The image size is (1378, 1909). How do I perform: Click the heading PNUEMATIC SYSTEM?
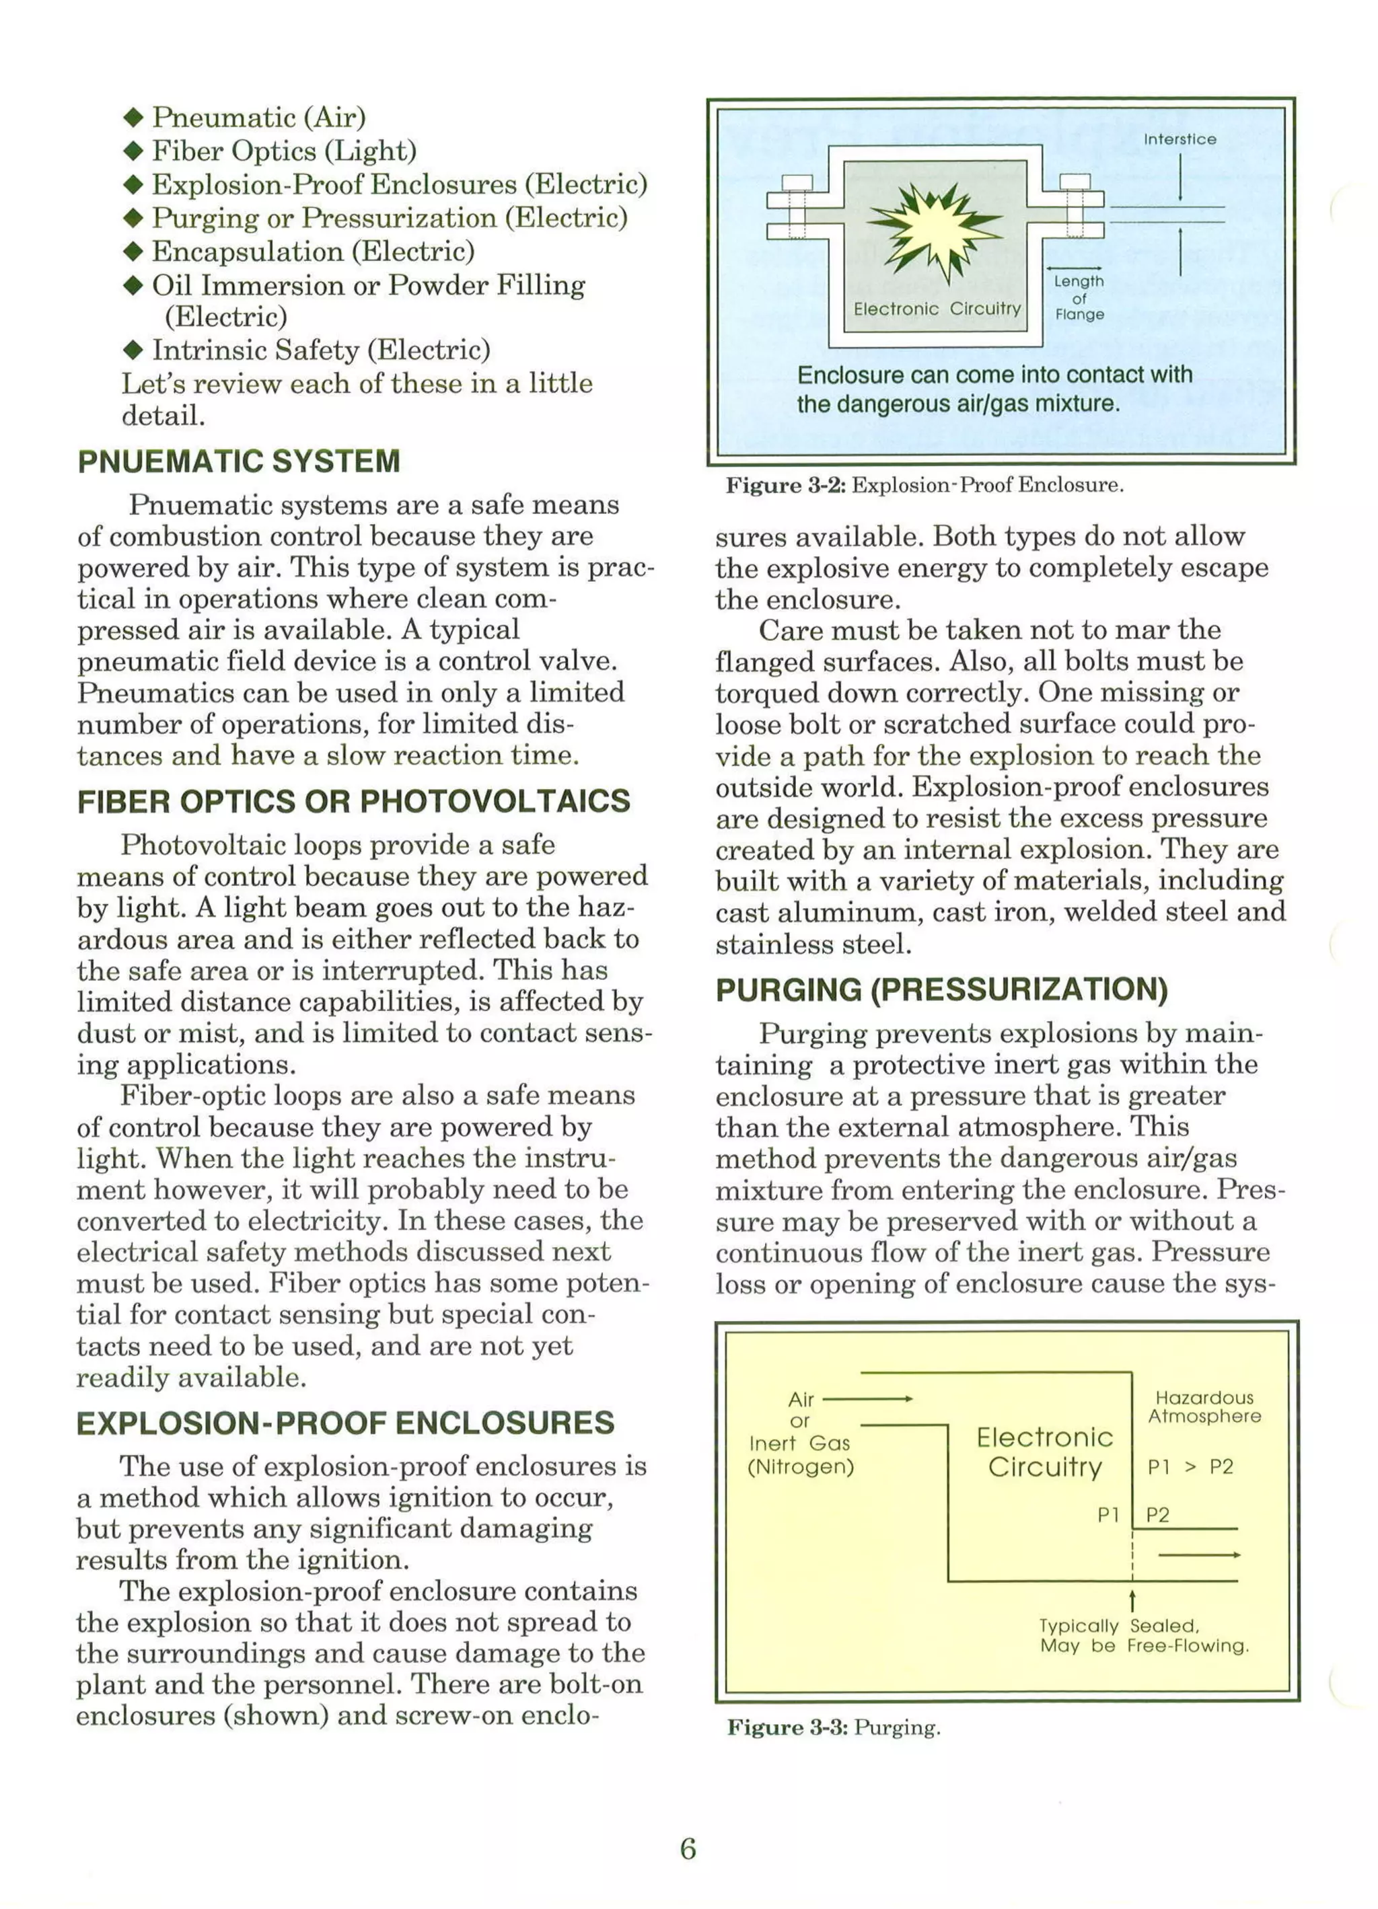coord(239,461)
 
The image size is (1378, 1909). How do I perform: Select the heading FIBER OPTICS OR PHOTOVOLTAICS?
coord(353,800)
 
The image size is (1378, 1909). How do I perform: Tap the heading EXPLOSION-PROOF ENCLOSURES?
coord(345,1423)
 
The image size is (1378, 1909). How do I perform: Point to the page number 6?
coord(688,1848)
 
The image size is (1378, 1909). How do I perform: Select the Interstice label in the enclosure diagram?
coord(1180,139)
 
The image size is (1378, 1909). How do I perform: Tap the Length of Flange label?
coord(1079,297)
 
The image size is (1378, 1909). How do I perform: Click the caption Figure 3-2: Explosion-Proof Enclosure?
coord(924,486)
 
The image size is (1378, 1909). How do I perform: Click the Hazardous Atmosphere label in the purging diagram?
coord(1204,1407)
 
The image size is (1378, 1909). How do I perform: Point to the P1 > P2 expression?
coord(1190,1466)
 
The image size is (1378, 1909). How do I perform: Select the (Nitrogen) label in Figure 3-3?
coord(801,1466)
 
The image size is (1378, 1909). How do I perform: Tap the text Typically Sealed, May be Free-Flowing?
coord(1143,1635)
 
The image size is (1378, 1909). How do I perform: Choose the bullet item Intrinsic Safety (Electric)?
coord(320,349)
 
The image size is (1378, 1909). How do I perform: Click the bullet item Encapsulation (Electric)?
coord(312,251)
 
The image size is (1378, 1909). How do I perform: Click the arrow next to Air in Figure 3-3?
coord(867,1399)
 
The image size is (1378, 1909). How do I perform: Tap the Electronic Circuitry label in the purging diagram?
coord(1045,1451)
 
